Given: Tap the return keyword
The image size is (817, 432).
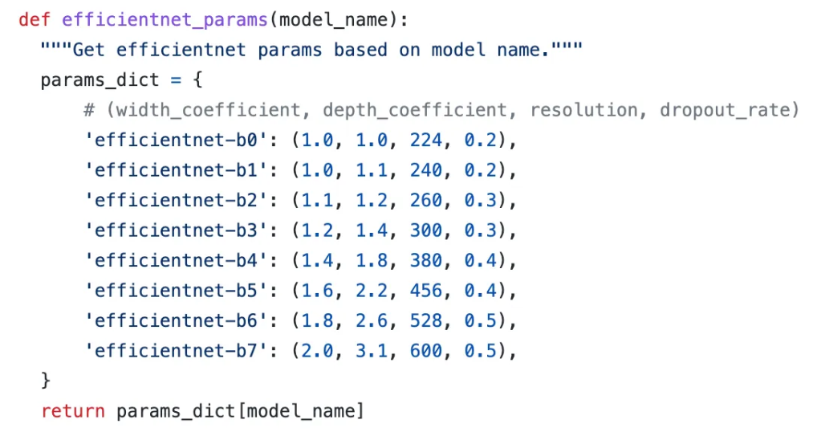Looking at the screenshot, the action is (x=72, y=411).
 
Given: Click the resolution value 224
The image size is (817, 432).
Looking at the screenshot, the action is (x=425, y=141).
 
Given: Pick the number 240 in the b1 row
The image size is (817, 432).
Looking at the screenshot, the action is (x=425, y=170).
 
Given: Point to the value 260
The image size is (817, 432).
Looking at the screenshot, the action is (x=425, y=201).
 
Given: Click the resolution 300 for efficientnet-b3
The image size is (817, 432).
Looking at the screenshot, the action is (x=425, y=230).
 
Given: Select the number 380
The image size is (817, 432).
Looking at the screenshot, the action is (x=425, y=260).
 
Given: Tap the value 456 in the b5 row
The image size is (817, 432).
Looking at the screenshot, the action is (x=425, y=291).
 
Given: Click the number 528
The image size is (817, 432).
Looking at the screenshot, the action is (x=425, y=320).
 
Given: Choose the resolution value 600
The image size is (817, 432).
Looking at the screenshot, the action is (x=425, y=351).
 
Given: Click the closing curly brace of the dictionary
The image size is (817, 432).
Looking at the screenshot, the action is (x=46, y=377).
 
